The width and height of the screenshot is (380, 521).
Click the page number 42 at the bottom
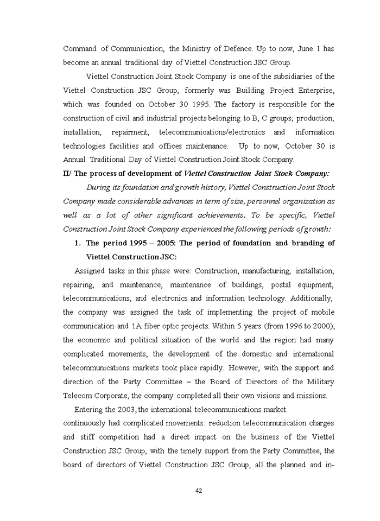pos(198,491)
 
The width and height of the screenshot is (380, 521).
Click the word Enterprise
pos(315,90)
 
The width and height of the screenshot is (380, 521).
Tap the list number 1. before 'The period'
pos(78,243)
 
